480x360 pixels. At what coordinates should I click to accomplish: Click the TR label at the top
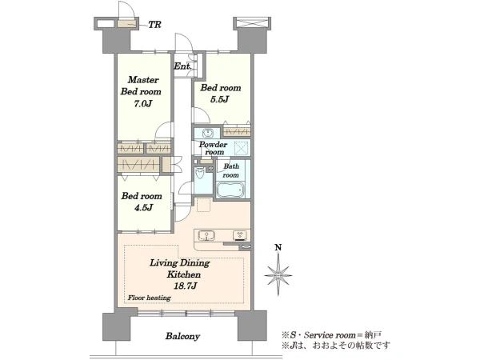pos(155,25)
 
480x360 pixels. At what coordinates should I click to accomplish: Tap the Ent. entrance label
pos(183,66)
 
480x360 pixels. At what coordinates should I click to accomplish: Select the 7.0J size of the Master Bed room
pos(142,103)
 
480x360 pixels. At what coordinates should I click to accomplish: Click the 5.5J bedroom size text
pos(219,99)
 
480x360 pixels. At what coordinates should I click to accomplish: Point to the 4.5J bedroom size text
pos(143,207)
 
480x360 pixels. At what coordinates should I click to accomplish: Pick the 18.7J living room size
pos(185,286)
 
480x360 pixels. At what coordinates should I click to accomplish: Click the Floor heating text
pos(149,298)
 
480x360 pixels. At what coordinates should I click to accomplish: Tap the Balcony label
pos(182,336)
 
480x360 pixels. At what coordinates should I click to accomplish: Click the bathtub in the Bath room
pos(231,190)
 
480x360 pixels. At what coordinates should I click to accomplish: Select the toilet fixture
pos(200,174)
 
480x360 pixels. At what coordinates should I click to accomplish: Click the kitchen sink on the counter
pos(207,236)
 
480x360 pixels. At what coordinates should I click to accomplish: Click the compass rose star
pos(278,275)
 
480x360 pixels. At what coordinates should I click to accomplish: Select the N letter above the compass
pos(278,247)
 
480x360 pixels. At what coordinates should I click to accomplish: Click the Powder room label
pos(214,148)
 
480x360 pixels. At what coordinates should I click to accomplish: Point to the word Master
pos(143,80)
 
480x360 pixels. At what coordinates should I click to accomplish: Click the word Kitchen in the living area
pos(184,274)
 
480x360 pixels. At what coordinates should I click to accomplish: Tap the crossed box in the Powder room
pos(242,149)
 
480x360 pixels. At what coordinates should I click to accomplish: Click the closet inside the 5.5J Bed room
pos(237,132)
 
